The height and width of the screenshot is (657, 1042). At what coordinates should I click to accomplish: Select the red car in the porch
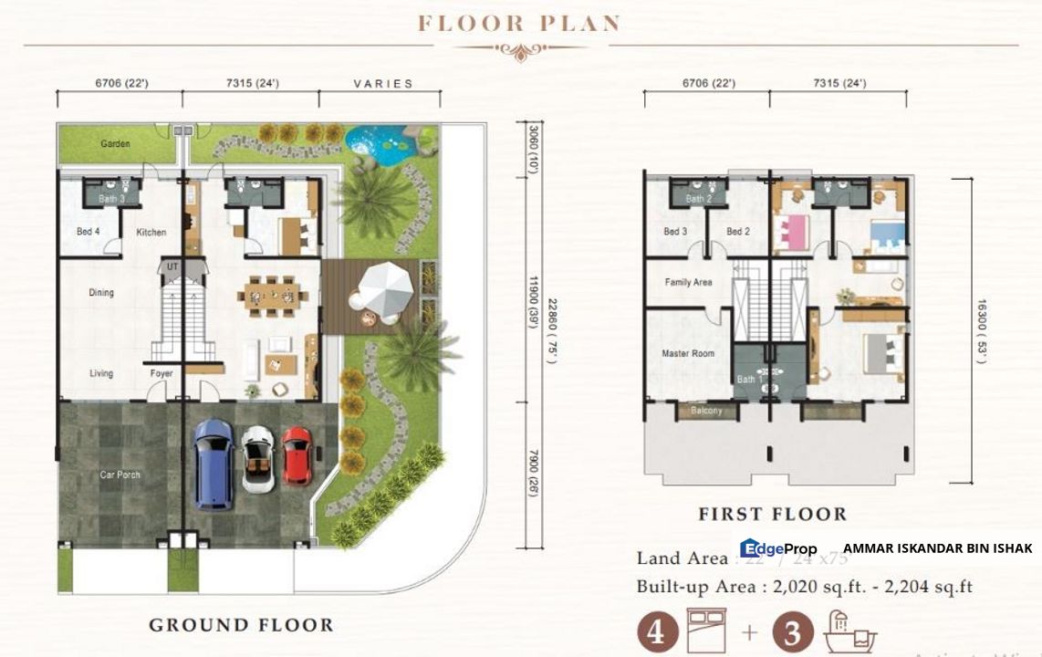click(297, 455)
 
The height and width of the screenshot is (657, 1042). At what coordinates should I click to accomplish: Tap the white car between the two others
click(258, 459)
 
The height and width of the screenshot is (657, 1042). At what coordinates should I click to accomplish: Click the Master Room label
click(688, 353)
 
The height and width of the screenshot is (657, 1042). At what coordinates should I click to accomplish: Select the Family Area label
click(688, 283)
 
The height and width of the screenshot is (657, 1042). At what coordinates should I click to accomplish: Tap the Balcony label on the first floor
click(705, 411)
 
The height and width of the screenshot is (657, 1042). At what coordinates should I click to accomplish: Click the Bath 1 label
click(748, 379)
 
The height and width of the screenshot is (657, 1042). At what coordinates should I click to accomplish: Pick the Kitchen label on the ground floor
click(151, 233)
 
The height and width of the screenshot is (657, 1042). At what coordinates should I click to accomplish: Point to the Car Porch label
click(120, 475)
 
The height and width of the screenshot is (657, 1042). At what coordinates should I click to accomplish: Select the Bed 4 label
click(89, 233)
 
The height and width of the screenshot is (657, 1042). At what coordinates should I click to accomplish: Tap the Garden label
click(115, 144)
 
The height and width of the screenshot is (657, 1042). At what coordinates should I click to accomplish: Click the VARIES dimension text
click(383, 84)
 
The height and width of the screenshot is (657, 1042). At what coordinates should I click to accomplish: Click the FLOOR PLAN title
click(519, 23)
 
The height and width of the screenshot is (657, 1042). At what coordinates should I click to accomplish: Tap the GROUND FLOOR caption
click(241, 625)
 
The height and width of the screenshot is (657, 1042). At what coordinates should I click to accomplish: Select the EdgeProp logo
click(778, 548)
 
